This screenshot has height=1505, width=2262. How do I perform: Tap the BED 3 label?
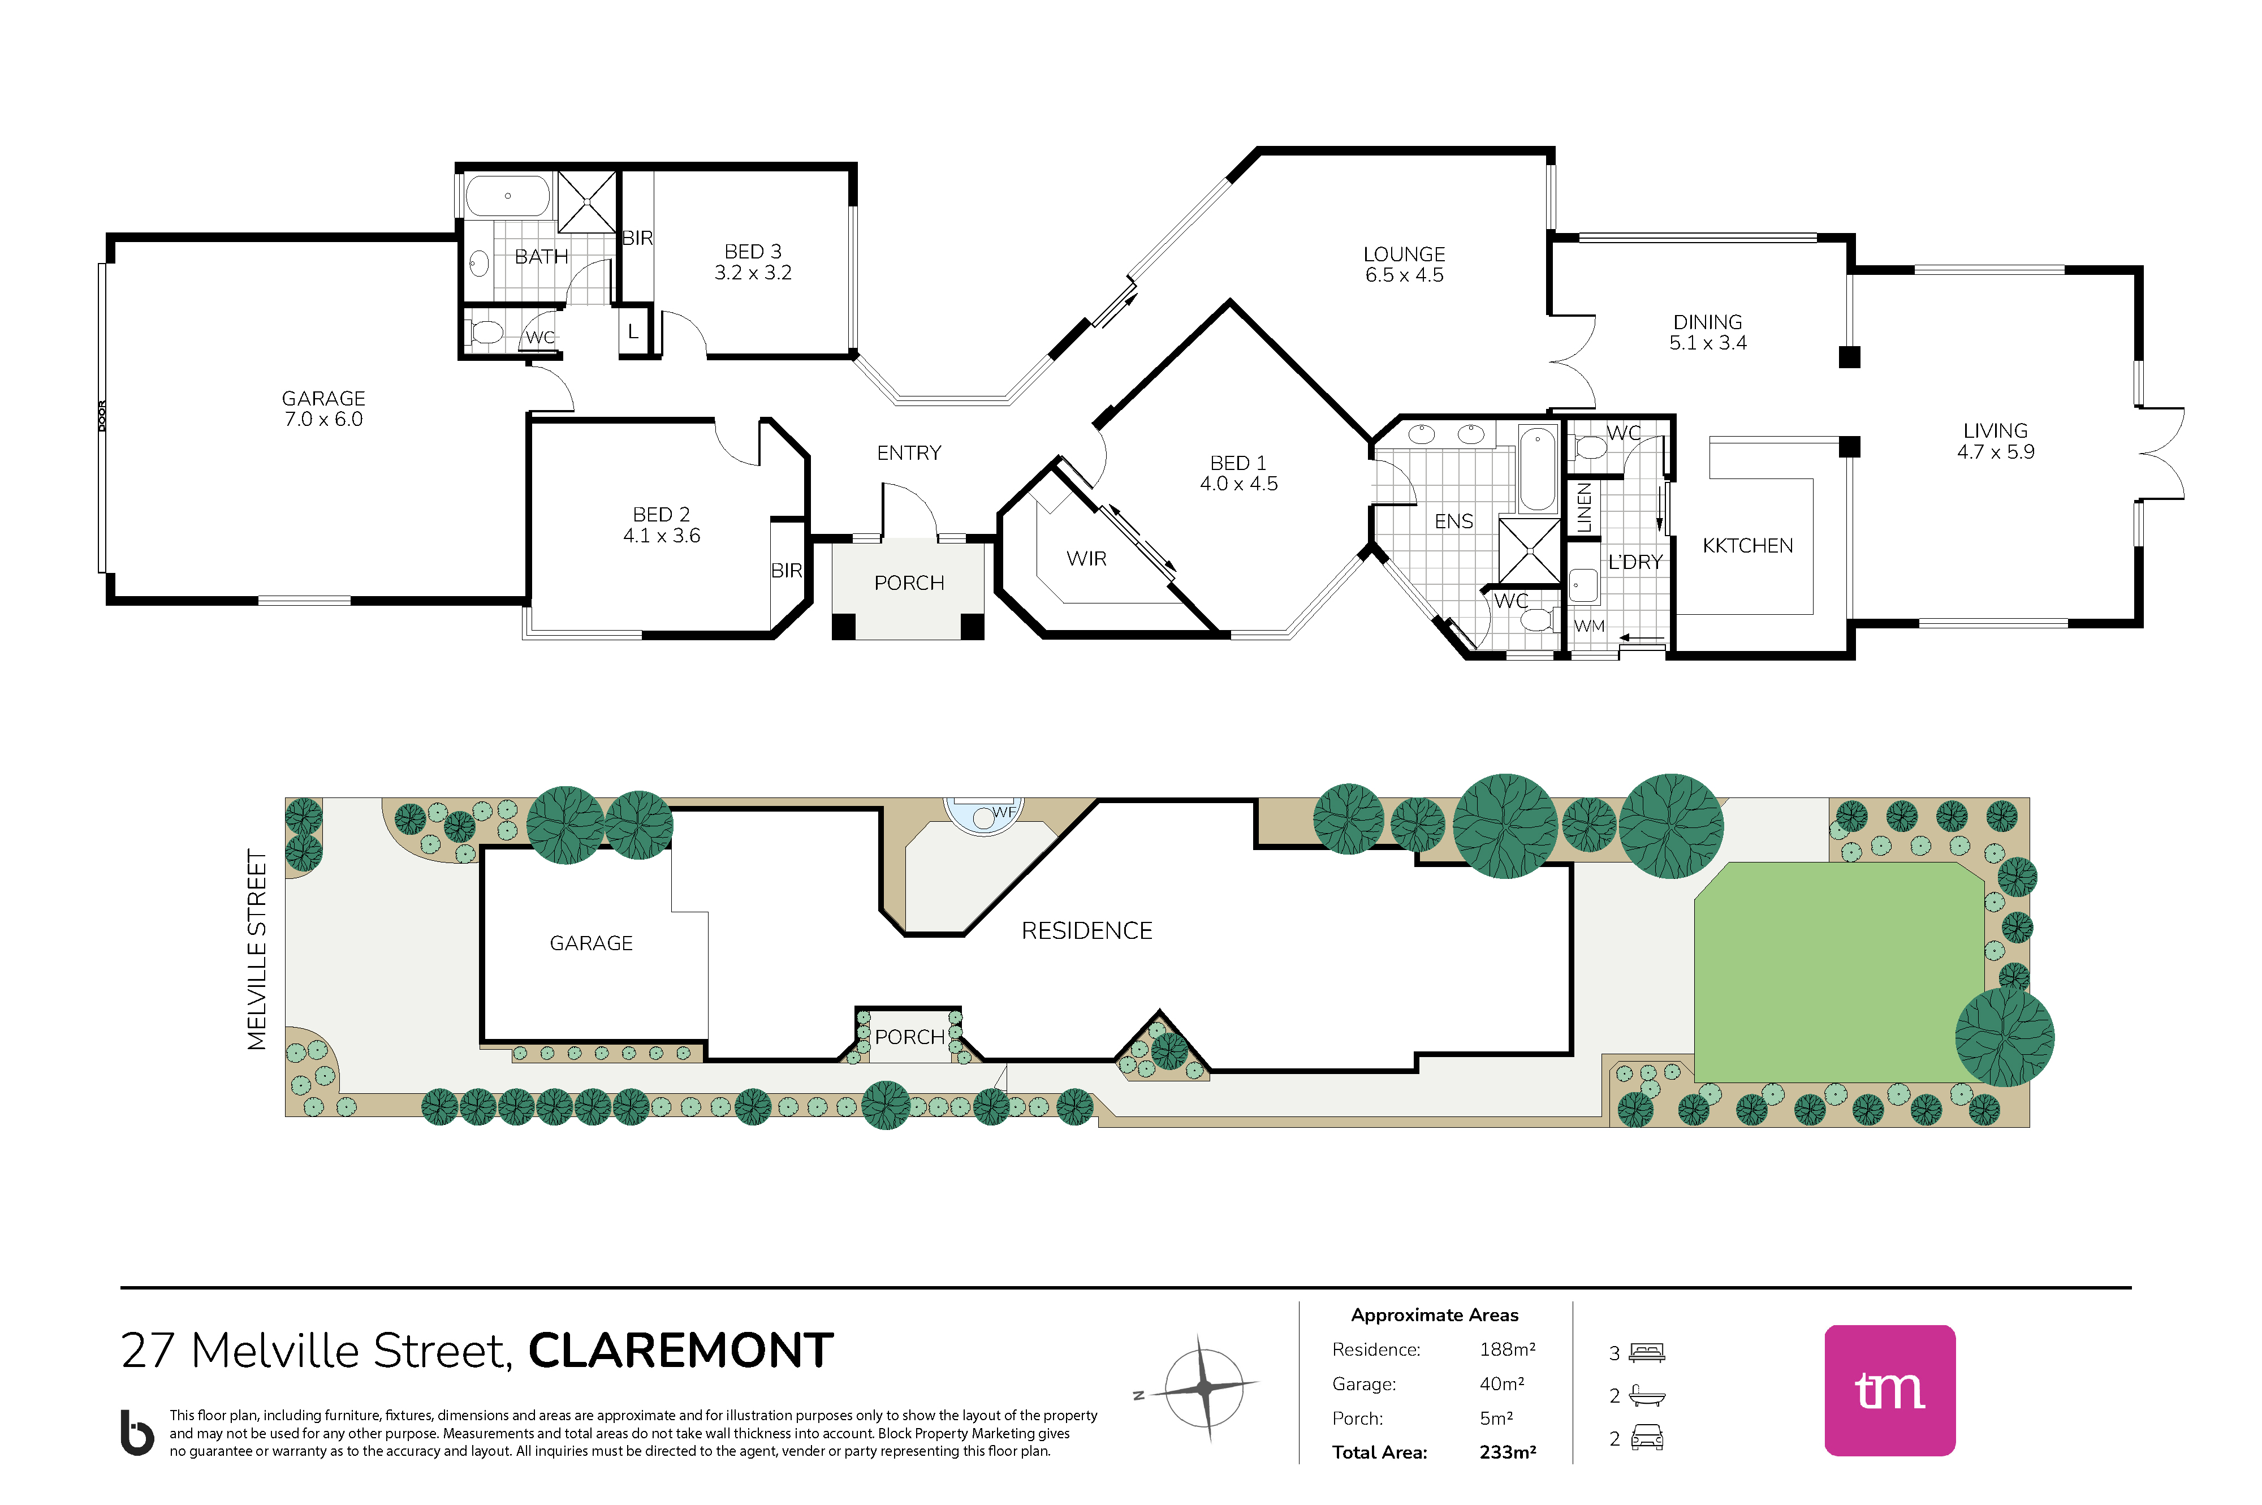tap(753, 252)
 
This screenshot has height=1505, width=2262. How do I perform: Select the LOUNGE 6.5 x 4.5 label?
tap(1404, 265)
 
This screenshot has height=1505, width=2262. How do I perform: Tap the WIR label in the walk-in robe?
tap(1086, 559)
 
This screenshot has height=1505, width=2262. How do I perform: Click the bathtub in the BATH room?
tap(508, 196)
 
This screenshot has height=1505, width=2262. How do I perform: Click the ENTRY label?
tap(909, 453)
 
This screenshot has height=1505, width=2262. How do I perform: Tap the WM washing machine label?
tap(1589, 626)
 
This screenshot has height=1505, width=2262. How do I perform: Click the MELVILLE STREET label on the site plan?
tap(256, 949)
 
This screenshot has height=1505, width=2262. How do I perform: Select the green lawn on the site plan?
tap(1838, 971)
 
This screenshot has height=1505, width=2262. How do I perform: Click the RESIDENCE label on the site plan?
tap(1086, 931)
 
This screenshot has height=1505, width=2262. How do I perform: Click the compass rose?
tap(1206, 1387)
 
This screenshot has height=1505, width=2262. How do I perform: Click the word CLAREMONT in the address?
tap(680, 1351)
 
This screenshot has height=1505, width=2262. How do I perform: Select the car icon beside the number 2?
tap(1647, 1437)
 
